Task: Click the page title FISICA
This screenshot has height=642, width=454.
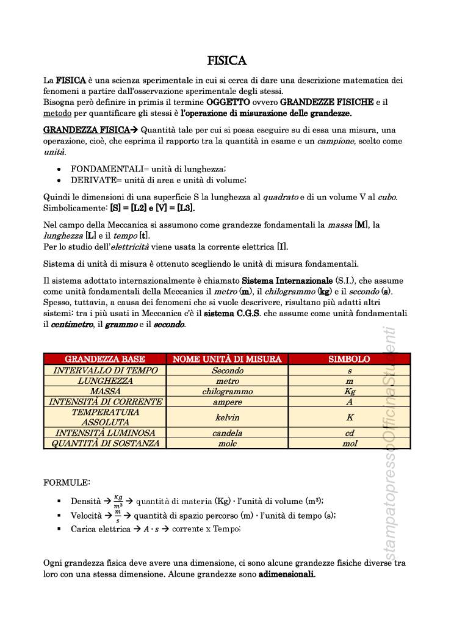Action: pos(227,60)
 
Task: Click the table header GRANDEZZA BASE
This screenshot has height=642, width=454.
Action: pos(105,359)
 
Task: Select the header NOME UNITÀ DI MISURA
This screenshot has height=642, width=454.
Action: pos(227,359)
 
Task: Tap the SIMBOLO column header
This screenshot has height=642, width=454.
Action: pos(349,359)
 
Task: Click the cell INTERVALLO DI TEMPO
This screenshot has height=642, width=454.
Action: pos(105,370)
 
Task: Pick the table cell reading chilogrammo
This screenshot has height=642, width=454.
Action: pos(227,392)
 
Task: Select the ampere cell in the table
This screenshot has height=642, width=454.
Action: pos(227,402)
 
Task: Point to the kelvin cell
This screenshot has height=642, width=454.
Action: pos(227,417)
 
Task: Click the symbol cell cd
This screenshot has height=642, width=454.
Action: pos(349,433)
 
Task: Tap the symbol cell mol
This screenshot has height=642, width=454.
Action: pos(349,444)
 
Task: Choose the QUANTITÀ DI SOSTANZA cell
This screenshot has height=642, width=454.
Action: pos(105,444)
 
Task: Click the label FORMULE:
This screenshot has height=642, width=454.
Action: pos(67,483)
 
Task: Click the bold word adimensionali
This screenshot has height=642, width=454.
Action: pos(286,575)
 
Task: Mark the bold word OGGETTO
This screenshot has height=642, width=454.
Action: pos(228,102)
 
